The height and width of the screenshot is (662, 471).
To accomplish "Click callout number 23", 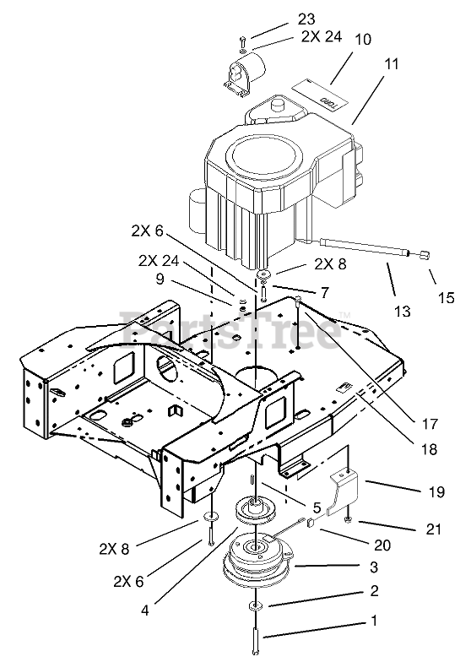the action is point(306,19).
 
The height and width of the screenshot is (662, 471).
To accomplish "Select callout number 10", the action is point(363,39).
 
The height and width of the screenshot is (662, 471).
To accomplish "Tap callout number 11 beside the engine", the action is point(391,64).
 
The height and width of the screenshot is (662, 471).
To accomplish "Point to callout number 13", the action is point(403,311).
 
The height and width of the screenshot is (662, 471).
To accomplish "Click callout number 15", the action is point(446,297).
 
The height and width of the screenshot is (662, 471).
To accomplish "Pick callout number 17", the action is point(430,424).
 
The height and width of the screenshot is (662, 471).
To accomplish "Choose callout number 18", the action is point(430,449).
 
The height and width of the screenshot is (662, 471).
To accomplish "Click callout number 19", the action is point(436,491).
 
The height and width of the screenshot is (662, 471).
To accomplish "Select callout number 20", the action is point(382,545).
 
